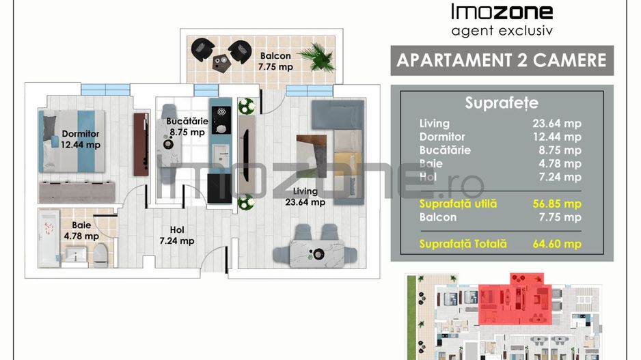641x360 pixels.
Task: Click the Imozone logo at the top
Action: [502, 12]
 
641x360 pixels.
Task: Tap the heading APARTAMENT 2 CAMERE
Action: [501, 60]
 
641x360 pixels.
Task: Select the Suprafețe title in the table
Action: [501, 103]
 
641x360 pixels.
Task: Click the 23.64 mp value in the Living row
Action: [556, 124]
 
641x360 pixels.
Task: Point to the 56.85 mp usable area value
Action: [556, 204]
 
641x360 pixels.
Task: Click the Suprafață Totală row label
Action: [463, 244]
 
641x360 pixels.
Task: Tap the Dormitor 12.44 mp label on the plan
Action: [81, 139]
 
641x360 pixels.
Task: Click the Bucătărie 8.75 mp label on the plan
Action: [187, 127]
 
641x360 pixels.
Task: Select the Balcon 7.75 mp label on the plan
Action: [275, 61]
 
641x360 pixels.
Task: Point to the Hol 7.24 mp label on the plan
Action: [177, 235]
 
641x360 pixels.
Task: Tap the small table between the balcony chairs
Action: [221, 63]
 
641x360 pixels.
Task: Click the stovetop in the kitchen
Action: [220, 120]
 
